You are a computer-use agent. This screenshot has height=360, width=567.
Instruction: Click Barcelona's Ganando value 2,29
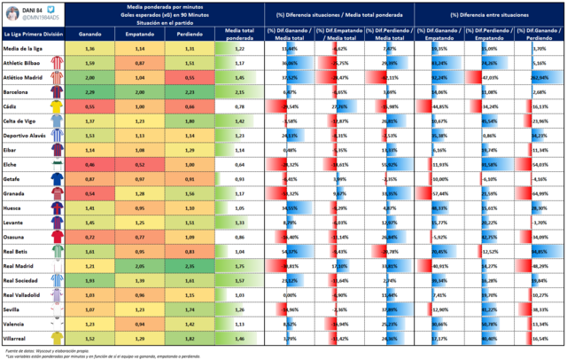[x=90, y=90]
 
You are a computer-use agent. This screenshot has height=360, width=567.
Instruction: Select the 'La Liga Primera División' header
[x=31, y=35]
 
